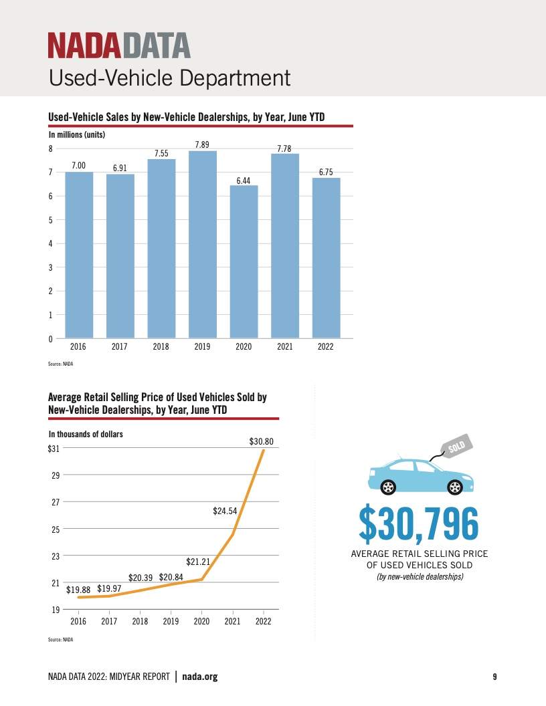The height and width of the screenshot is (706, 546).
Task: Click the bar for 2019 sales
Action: (202, 244)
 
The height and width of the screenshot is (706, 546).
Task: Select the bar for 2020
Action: (244, 261)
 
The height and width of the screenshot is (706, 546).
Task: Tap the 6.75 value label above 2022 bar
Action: (326, 172)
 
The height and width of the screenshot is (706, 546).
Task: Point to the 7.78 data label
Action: (284, 148)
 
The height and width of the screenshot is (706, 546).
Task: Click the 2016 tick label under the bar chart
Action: (78, 348)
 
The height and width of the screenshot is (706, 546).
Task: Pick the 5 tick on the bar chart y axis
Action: (50, 220)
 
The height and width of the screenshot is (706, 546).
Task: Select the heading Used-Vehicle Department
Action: (169, 78)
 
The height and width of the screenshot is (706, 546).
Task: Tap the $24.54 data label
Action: (226, 511)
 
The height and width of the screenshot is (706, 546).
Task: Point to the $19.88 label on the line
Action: (79, 589)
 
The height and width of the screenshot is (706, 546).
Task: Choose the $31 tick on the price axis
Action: (54, 449)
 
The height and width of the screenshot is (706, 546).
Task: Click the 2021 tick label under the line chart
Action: (232, 621)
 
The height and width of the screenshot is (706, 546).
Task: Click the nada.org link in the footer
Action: (200, 677)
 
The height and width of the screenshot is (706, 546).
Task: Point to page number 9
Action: (494, 677)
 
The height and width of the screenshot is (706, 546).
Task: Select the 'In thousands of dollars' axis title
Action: (86, 434)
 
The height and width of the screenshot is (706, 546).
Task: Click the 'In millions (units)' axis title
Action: (77, 134)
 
